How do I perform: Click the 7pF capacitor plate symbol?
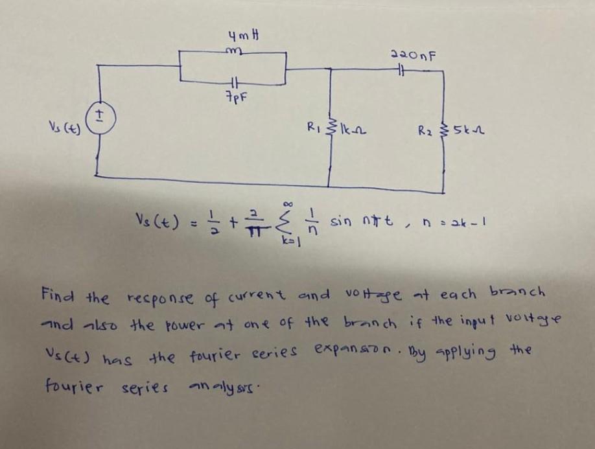tap(235, 84)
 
